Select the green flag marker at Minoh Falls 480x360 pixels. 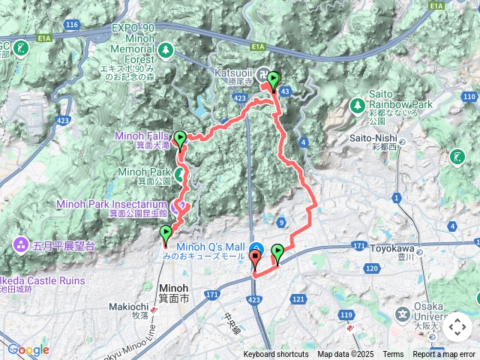(179, 139)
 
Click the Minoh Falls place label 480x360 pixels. (142, 136)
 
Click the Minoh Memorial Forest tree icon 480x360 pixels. (165, 51)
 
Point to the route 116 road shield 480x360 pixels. (72, 25)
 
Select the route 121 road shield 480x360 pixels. (298, 299)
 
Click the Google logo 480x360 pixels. (28, 349)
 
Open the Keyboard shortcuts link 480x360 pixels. (275, 355)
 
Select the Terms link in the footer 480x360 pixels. (393, 355)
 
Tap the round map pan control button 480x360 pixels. (457, 328)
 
